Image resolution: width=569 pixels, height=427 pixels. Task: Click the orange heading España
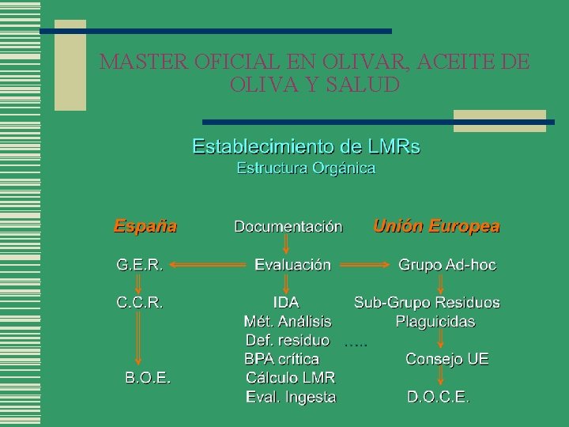(x=145, y=226)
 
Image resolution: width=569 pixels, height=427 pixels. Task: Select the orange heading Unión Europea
(x=436, y=226)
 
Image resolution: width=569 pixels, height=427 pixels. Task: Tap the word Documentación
(x=288, y=227)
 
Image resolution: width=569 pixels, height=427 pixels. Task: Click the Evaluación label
(x=292, y=265)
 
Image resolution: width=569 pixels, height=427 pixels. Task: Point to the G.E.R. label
(x=140, y=265)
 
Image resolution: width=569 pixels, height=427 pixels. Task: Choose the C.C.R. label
(x=140, y=302)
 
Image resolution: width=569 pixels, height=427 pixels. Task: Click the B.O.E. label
(x=149, y=377)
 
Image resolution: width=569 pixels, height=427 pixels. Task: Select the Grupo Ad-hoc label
(x=447, y=265)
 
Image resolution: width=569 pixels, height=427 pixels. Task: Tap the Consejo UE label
(x=447, y=359)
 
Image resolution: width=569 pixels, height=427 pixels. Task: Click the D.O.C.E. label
(x=439, y=397)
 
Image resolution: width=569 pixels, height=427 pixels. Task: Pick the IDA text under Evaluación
(x=286, y=302)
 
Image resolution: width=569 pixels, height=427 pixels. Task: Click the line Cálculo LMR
(x=290, y=378)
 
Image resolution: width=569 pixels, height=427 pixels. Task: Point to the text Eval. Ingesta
(x=291, y=397)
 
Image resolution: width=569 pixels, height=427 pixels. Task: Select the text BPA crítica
(x=282, y=359)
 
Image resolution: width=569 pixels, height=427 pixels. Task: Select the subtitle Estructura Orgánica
(x=306, y=168)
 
